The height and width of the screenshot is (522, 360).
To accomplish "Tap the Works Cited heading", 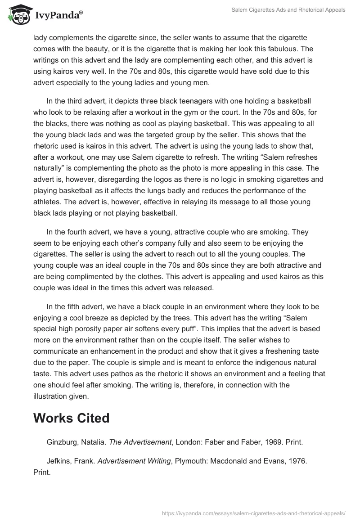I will pos(71,418).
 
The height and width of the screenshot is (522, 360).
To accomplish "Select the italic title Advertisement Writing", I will pos(133,462).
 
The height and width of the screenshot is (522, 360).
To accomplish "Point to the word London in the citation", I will pos(189,442).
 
